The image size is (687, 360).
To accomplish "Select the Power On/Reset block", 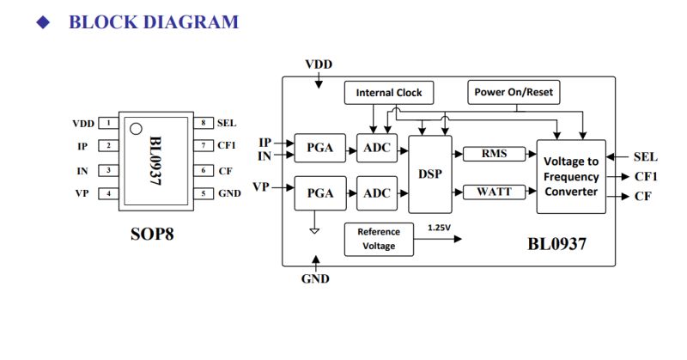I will pyautogui.click(x=514, y=92).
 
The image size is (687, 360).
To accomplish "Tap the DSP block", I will pyautogui.click(x=429, y=173).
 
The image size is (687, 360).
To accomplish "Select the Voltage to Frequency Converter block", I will pyautogui.click(x=571, y=176).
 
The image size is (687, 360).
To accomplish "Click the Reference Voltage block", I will pyautogui.click(x=378, y=239).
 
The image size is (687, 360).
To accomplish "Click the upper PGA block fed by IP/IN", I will pyautogui.click(x=320, y=149).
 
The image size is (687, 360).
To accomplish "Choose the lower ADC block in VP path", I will pyautogui.click(x=376, y=193).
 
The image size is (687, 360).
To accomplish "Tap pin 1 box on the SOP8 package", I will pyautogui.click(x=108, y=124).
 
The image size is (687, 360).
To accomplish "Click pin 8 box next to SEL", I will pyautogui.click(x=203, y=124).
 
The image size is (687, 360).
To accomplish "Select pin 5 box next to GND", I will pyautogui.click(x=203, y=194).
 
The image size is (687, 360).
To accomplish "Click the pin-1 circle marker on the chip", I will pyautogui.click(x=135, y=130).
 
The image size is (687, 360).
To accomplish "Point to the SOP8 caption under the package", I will pyautogui.click(x=152, y=233).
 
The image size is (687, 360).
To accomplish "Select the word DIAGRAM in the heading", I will pyautogui.click(x=194, y=22).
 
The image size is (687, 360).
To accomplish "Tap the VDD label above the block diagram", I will pyautogui.click(x=319, y=64).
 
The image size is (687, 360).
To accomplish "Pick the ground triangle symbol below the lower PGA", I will pyautogui.click(x=314, y=230).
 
